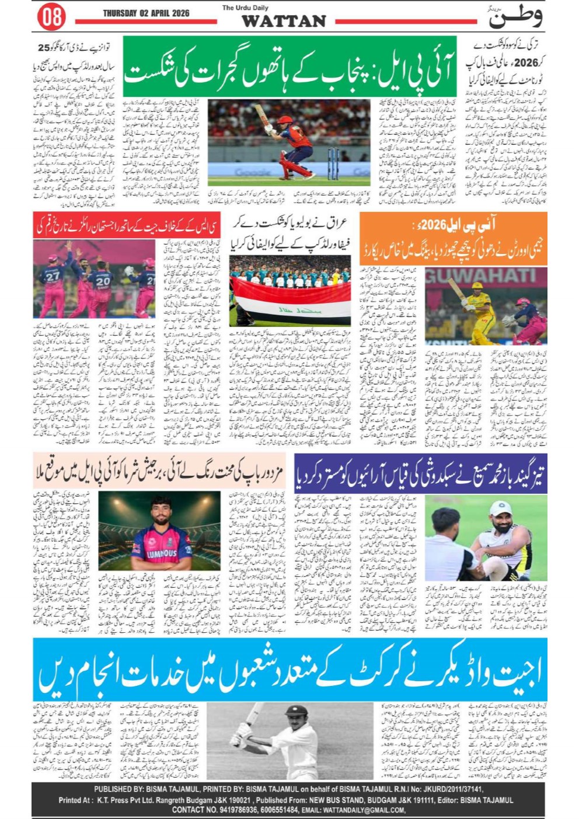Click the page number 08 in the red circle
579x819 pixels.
pyautogui.click(x=51, y=17)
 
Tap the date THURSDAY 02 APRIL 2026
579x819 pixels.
pyautogui.click(x=146, y=13)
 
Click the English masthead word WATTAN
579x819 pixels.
pyautogui.click(x=284, y=22)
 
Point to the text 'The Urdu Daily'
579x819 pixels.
pyautogui.click(x=245, y=8)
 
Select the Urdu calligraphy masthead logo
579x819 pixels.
pyautogui.click(x=515, y=17)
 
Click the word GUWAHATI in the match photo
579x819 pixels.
pyautogui.click(x=485, y=276)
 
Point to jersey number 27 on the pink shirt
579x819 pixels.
pyautogui.click(x=53, y=276)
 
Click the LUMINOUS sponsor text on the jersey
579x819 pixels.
pyautogui.click(x=161, y=553)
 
